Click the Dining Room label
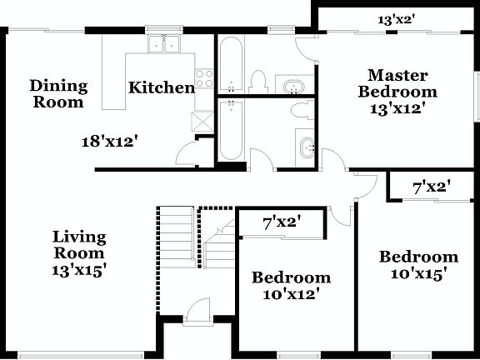click(x=57, y=93)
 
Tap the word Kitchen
click(x=161, y=87)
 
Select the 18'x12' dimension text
click(x=109, y=142)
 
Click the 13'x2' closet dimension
click(x=397, y=18)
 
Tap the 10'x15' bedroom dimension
click(x=418, y=273)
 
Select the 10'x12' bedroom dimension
click(x=291, y=293)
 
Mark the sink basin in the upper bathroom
click(x=294, y=86)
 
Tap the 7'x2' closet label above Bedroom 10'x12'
click(x=281, y=222)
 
